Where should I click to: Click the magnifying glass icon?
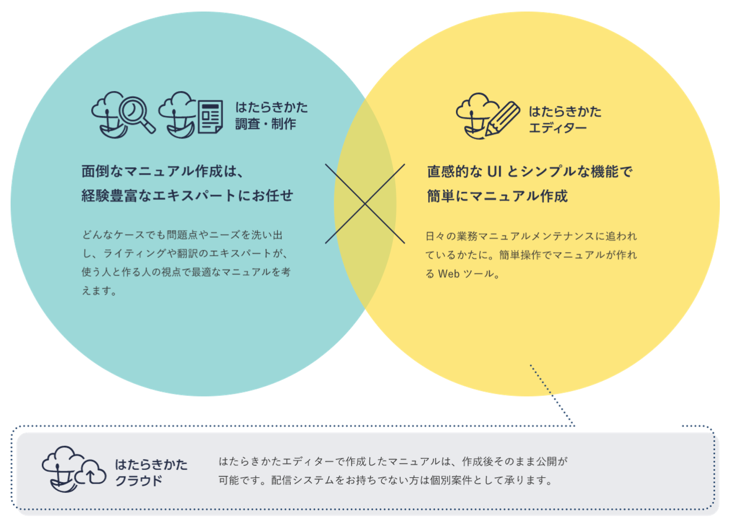pos(136,113)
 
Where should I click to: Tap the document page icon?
pos(210,116)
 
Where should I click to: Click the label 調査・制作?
pos(265,124)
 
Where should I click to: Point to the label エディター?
pos(558,128)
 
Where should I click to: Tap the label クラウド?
pos(139,481)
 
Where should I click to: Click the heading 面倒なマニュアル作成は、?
pos(162,171)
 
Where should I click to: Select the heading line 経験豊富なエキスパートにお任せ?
pos(187,196)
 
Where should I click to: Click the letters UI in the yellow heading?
pos(494,172)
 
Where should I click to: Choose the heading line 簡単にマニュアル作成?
pos(497,196)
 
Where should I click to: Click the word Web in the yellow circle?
pos(449,274)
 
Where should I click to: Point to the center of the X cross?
pos(365,204)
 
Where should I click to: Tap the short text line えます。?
pos(99,290)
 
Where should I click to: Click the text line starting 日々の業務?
pos(531,236)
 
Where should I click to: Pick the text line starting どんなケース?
pos(182,235)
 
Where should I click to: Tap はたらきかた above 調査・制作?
pos(272,107)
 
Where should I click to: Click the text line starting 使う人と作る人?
pos(186,272)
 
